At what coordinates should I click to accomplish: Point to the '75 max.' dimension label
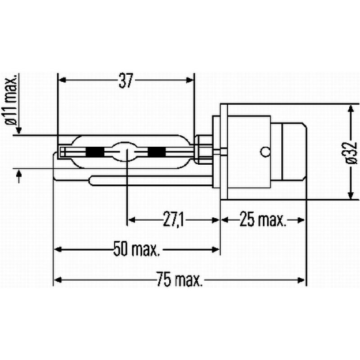pos(180,279)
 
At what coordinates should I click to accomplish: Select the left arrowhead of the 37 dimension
pos(63,80)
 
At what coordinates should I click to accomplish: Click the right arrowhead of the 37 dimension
pos(191,80)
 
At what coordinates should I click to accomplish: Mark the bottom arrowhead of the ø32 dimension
pos(350,195)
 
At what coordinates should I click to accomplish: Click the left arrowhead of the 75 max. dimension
pos(57,280)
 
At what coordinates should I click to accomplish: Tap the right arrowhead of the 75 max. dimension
pos(303,280)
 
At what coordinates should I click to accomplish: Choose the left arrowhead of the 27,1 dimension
pos(131,220)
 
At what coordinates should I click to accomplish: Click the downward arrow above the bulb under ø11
pos(18,130)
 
